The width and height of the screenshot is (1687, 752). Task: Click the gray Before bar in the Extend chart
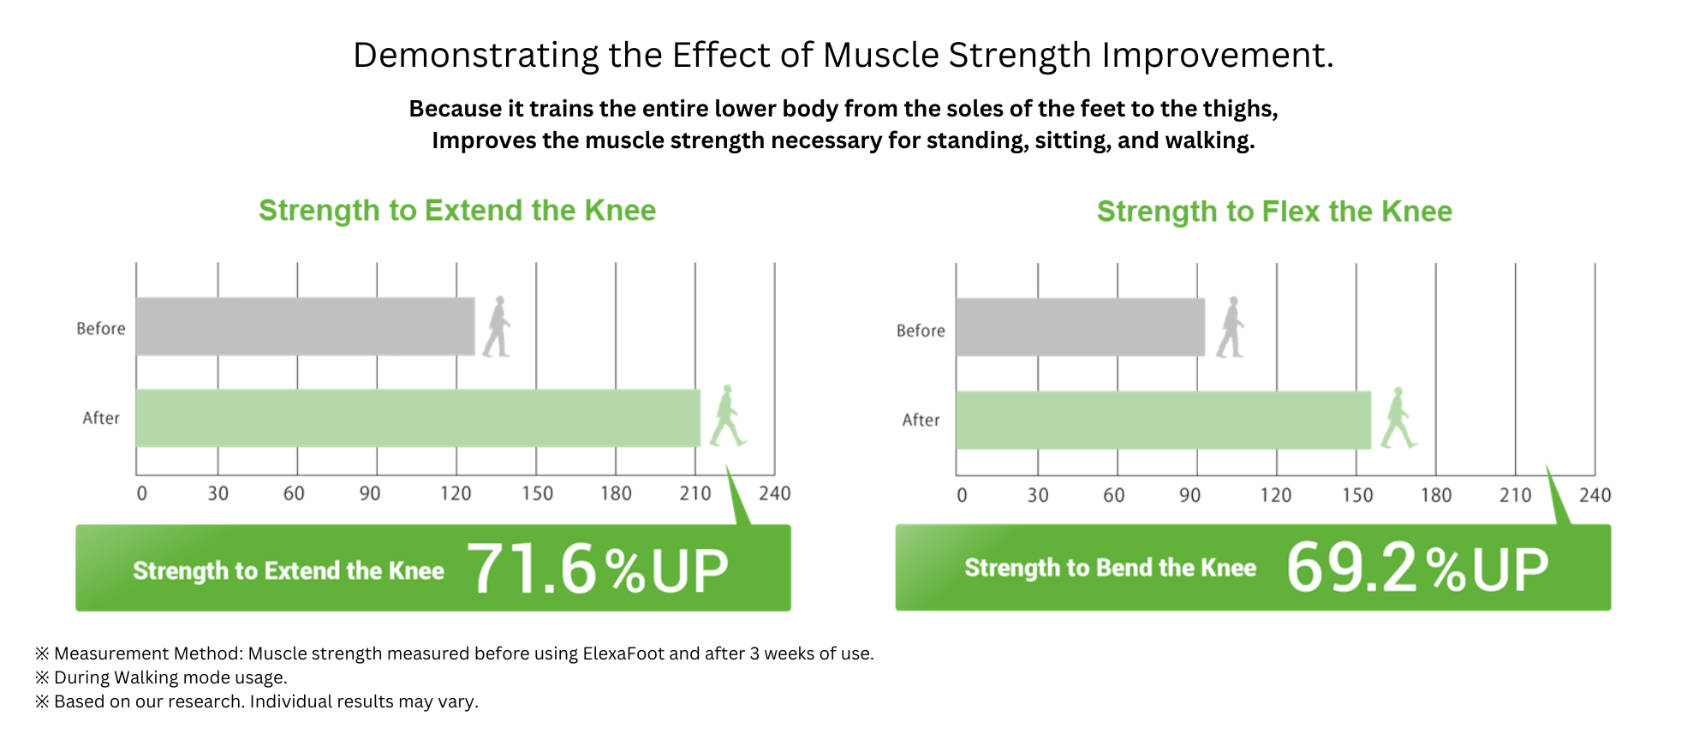pos(306,326)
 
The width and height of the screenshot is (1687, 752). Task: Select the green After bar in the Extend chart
pos(418,418)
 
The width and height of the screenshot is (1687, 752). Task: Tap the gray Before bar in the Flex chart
pos(1081,327)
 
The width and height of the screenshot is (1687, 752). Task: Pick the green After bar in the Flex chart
pos(1164,420)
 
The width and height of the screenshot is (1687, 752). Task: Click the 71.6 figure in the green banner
pos(532,569)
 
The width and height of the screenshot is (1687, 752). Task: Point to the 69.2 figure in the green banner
pos(1352,567)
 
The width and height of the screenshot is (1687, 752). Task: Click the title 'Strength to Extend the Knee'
pos(457,211)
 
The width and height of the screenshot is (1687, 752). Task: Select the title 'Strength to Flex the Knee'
pos(1274,212)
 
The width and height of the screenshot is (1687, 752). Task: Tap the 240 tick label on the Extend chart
pos(775,493)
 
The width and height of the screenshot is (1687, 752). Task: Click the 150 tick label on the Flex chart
pos(1357,495)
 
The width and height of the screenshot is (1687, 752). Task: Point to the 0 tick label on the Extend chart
pos(142,493)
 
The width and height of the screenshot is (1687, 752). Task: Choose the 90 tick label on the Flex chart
pos(1189,495)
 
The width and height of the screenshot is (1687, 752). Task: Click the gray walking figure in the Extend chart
pos(497,326)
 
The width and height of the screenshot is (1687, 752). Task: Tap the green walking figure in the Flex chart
pos(1399,418)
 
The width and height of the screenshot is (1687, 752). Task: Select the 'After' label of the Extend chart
pos(101,418)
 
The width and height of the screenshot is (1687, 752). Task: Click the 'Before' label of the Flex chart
pos(921,331)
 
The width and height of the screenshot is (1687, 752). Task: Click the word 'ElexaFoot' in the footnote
pos(623,654)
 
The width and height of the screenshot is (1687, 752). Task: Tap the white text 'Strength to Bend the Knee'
pos(1111,568)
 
